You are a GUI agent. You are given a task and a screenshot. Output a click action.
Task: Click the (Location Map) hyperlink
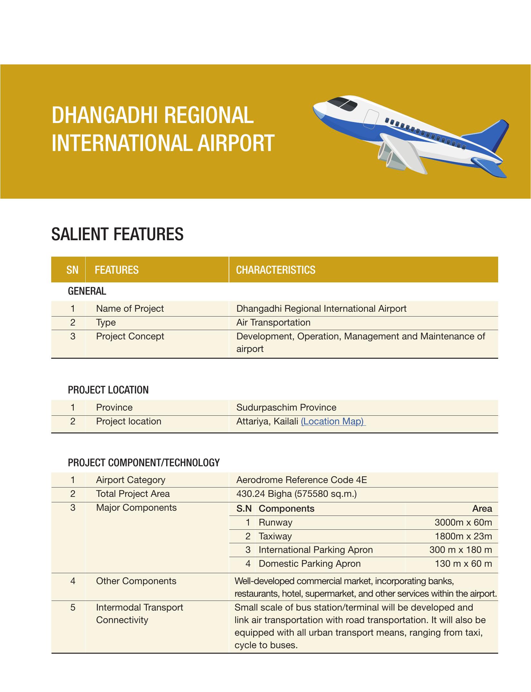(x=333, y=421)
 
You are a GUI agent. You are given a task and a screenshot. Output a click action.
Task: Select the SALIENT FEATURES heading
(x=118, y=234)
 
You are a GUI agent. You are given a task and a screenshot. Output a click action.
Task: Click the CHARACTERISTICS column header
(x=276, y=270)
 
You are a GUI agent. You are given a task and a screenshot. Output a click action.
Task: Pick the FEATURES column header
(x=117, y=270)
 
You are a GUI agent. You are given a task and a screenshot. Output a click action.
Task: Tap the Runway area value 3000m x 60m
(x=463, y=522)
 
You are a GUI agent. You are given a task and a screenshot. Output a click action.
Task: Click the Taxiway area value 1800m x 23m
(x=463, y=536)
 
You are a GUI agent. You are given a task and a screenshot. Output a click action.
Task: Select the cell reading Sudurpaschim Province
(x=286, y=407)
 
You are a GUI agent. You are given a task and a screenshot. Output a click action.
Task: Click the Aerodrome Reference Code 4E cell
(x=301, y=480)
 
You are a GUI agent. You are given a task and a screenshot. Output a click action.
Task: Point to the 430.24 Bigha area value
(x=296, y=494)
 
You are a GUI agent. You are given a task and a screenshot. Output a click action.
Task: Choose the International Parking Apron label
(x=316, y=550)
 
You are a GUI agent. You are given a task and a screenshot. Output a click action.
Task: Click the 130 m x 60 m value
(x=463, y=564)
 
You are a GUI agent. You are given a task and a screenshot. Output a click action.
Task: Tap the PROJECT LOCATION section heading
(x=108, y=390)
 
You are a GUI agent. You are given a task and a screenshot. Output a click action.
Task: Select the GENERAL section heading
(x=87, y=291)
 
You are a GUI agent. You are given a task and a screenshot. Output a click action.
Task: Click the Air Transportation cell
(x=273, y=322)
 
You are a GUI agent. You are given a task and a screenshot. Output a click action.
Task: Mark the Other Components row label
(x=136, y=581)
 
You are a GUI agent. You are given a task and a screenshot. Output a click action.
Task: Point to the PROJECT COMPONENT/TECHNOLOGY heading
(x=144, y=463)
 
